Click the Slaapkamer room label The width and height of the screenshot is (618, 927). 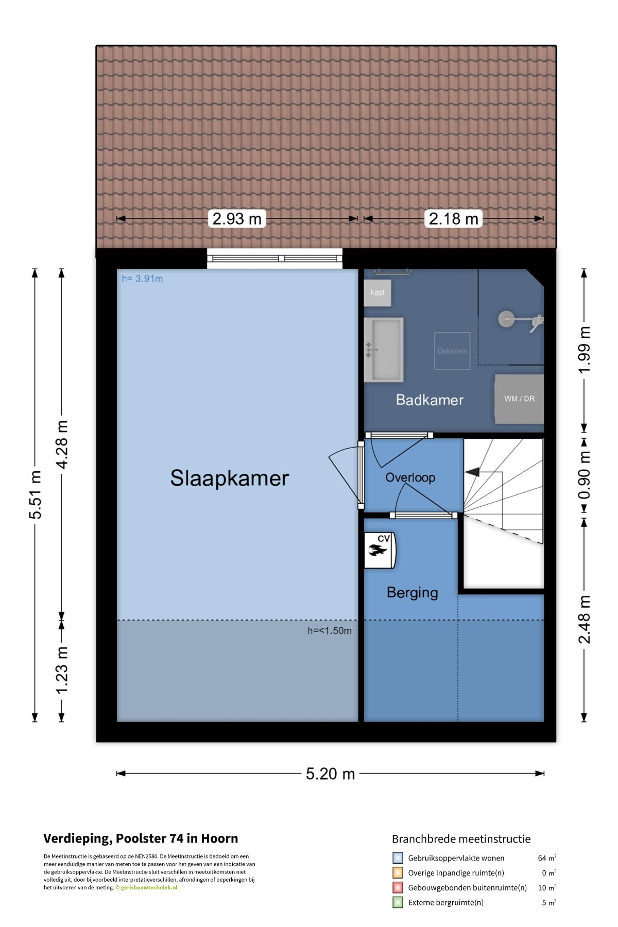coord(229,478)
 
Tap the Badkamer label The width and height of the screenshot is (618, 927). coord(430,400)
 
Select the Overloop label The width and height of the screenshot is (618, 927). coord(410,477)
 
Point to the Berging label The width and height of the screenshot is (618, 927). coord(412,592)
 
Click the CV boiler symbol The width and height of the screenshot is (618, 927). coord(380,550)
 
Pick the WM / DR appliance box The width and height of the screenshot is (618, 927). coord(519,399)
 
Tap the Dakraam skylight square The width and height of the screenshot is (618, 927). coord(452,351)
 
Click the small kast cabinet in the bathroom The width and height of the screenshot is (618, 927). coord(377,293)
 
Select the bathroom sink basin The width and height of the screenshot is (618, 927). coord(383,350)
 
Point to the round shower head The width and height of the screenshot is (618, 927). coord(506,319)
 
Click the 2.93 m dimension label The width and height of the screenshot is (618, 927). coord(237,218)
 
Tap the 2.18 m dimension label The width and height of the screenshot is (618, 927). coord(454,218)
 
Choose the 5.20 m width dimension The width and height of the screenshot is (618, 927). coord(330,774)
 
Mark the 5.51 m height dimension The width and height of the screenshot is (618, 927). coord(35,494)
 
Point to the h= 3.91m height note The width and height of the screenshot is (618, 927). coord(142,279)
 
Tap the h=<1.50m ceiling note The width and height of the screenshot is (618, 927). coord(330,630)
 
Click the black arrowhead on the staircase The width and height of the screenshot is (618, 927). coord(472,472)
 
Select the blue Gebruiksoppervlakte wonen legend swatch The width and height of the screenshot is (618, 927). coord(398,858)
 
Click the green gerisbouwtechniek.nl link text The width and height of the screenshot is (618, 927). coord(149,887)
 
